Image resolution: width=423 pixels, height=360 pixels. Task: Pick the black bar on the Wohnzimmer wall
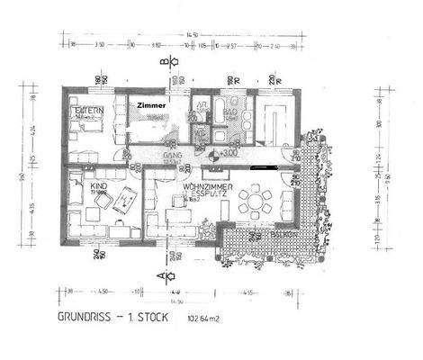point(262,166)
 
